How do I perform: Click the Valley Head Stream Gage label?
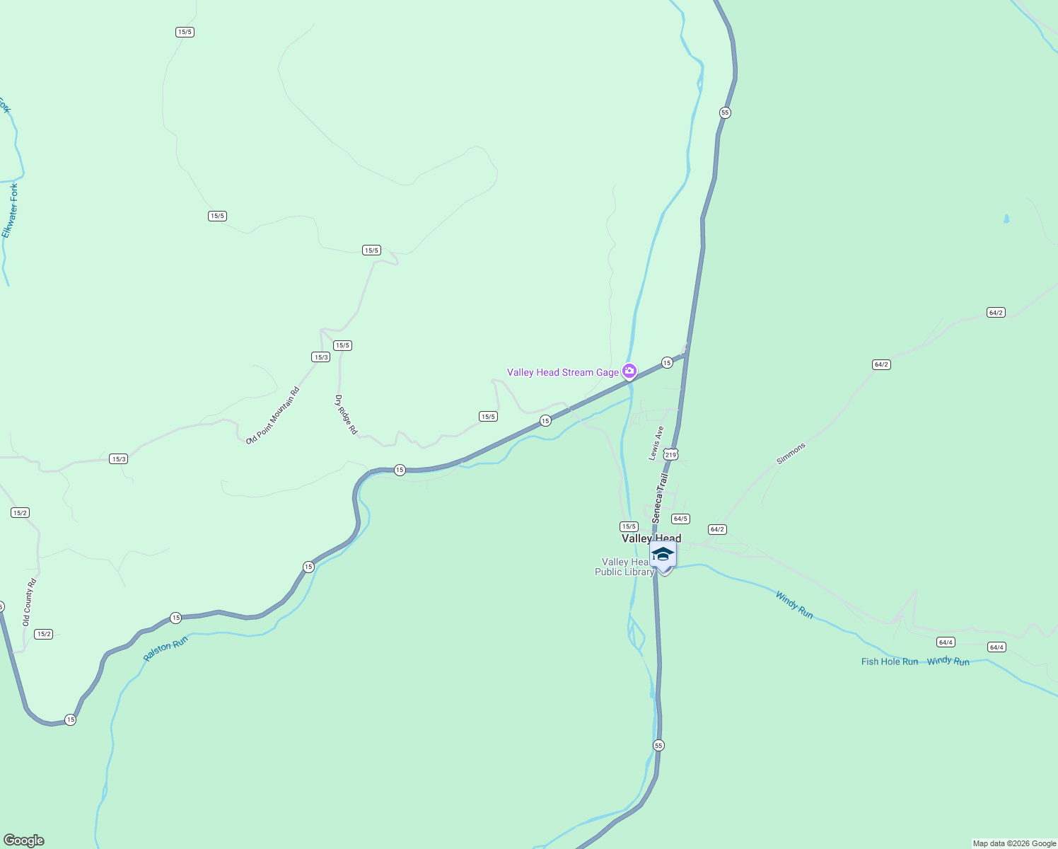tap(562, 372)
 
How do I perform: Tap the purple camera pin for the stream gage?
tap(629, 371)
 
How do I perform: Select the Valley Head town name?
tap(651, 538)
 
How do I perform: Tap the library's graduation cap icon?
tap(663, 554)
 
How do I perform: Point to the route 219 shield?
tap(670, 455)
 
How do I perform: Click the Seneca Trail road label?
tap(660, 498)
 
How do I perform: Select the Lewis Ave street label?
tap(656, 443)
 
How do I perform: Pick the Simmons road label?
tap(791, 454)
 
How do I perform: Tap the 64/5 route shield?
tap(680, 519)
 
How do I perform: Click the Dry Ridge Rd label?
tap(346, 415)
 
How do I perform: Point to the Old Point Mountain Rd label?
tap(272, 415)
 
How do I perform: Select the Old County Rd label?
tap(29, 602)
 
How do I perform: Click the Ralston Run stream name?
tap(165, 648)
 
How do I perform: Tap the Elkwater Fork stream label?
tap(10, 211)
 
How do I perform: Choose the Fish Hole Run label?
tap(889, 662)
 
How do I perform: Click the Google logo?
tap(24, 841)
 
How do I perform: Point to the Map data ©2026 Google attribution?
tap(1014, 843)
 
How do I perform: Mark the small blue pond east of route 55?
tap(1006, 219)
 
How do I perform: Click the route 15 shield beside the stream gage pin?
tap(667, 362)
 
